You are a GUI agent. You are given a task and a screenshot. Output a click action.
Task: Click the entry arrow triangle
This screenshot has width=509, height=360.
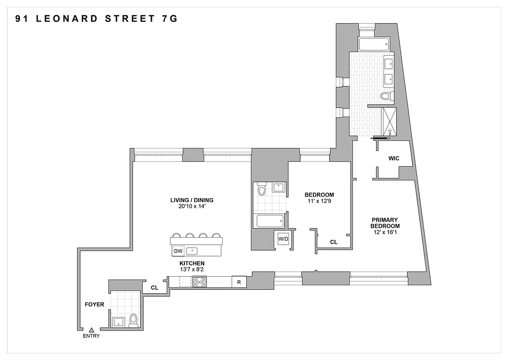click(92, 330)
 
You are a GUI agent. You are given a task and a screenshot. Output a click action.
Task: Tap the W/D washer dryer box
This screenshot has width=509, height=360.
click(283, 238)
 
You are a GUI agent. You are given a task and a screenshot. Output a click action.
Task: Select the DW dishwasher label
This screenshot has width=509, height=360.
click(178, 251)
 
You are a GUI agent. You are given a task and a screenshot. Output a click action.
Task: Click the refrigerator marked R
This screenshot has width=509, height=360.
click(239, 282)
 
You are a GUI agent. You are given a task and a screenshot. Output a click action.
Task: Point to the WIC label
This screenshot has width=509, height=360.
click(394, 158)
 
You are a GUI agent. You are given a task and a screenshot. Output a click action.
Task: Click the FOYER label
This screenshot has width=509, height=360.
click(94, 305)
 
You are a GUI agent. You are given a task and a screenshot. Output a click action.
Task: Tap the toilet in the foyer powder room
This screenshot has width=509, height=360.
click(133, 320)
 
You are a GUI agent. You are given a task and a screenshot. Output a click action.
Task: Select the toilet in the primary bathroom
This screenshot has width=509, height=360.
click(386, 95)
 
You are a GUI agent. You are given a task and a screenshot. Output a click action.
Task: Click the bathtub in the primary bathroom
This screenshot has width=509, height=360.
click(373, 44)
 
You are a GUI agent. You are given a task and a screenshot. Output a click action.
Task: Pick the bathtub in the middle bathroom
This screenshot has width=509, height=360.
click(270, 220)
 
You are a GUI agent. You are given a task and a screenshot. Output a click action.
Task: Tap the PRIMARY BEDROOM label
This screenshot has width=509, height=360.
click(385, 223)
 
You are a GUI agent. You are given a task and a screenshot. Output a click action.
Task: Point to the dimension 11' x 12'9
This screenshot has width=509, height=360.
click(319, 201)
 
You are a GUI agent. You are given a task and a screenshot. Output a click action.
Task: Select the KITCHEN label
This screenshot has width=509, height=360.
click(192, 263)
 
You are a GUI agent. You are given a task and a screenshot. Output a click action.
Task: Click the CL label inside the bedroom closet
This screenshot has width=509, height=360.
click(334, 242)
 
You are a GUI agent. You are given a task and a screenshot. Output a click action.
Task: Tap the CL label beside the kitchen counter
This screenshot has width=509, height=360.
click(154, 287)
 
